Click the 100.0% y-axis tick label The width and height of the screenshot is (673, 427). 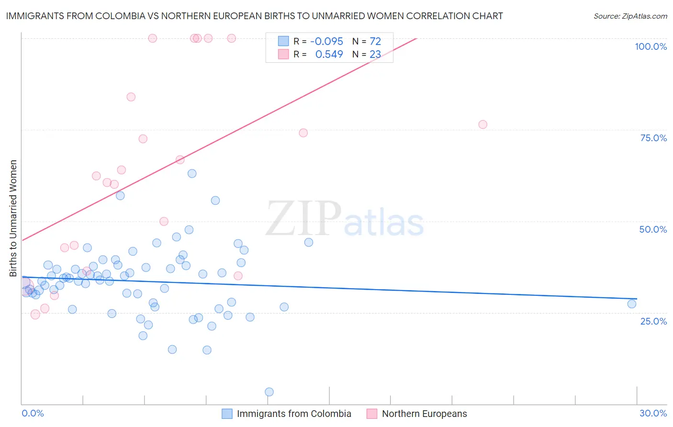pyautogui.click(x=651, y=46)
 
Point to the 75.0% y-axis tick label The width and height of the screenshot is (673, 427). pyautogui.click(x=653, y=138)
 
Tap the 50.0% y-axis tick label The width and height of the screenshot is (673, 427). pyautogui.click(x=653, y=229)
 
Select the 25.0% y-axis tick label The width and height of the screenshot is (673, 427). pyautogui.click(x=653, y=321)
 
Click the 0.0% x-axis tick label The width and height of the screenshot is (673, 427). pyautogui.click(x=33, y=413)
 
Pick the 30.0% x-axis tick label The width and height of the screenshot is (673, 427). pyautogui.click(x=653, y=413)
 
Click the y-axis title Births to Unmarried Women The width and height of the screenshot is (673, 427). pyautogui.click(x=13, y=218)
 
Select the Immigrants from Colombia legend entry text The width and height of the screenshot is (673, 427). pyautogui.click(x=294, y=414)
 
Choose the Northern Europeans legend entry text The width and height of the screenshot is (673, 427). pyautogui.click(x=424, y=414)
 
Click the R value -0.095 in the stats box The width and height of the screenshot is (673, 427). pyautogui.click(x=326, y=42)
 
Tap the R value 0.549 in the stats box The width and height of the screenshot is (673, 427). pyautogui.click(x=329, y=55)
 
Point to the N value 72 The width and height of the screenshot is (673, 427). pyautogui.click(x=375, y=42)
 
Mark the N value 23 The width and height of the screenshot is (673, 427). pyautogui.click(x=375, y=55)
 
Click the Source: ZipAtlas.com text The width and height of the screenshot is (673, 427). pyautogui.click(x=630, y=16)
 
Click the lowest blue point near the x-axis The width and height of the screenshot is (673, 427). pyautogui.click(x=269, y=392)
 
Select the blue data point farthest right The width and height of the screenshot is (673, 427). pyautogui.click(x=632, y=304)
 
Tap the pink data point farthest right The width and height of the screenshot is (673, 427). pyautogui.click(x=482, y=124)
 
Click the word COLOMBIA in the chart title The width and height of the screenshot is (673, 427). pyautogui.click(x=118, y=16)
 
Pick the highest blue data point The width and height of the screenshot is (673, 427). pyautogui.click(x=192, y=173)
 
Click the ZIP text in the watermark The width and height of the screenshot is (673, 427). pyautogui.click(x=303, y=219)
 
